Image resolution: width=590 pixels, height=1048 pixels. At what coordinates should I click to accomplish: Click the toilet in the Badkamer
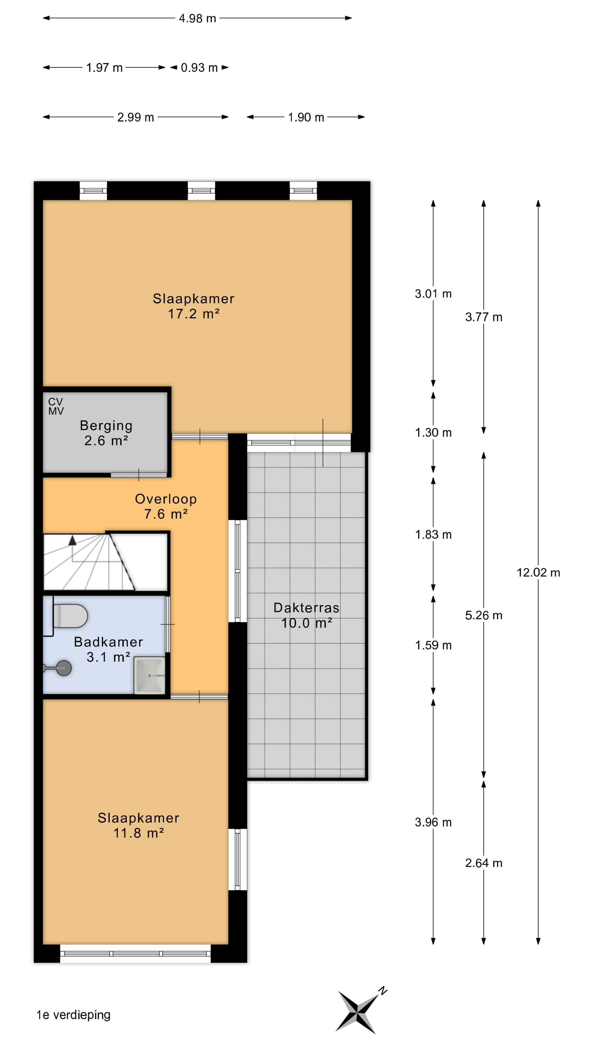[x=69, y=616]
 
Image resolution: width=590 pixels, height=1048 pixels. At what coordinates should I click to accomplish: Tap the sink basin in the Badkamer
[x=150, y=675]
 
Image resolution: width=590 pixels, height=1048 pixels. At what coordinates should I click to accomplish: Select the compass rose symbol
[x=360, y=1011]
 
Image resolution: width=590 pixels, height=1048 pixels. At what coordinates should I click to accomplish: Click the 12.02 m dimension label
[x=538, y=573]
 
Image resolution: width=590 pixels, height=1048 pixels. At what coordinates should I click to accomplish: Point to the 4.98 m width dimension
[x=197, y=18]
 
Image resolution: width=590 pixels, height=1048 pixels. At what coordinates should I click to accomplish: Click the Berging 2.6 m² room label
[x=106, y=433]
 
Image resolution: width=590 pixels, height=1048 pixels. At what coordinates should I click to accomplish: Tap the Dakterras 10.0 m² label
[x=306, y=615]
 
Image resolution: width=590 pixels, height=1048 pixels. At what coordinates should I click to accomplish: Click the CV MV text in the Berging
[x=56, y=406]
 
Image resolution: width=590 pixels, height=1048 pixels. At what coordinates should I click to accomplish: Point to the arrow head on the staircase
[x=72, y=540]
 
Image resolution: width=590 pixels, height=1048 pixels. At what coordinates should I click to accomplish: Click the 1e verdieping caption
[x=73, y=1015]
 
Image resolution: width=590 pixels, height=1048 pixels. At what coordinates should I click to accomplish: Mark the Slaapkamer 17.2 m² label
[x=193, y=306]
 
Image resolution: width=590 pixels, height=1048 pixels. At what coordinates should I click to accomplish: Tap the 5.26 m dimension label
[x=484, y=615]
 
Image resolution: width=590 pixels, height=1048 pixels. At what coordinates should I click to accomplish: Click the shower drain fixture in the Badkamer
[x=63, y=668]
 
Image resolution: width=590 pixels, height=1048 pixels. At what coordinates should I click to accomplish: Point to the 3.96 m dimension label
[x=433, y=822]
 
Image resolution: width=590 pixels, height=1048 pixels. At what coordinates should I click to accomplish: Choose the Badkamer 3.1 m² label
[x=108, y=649]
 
